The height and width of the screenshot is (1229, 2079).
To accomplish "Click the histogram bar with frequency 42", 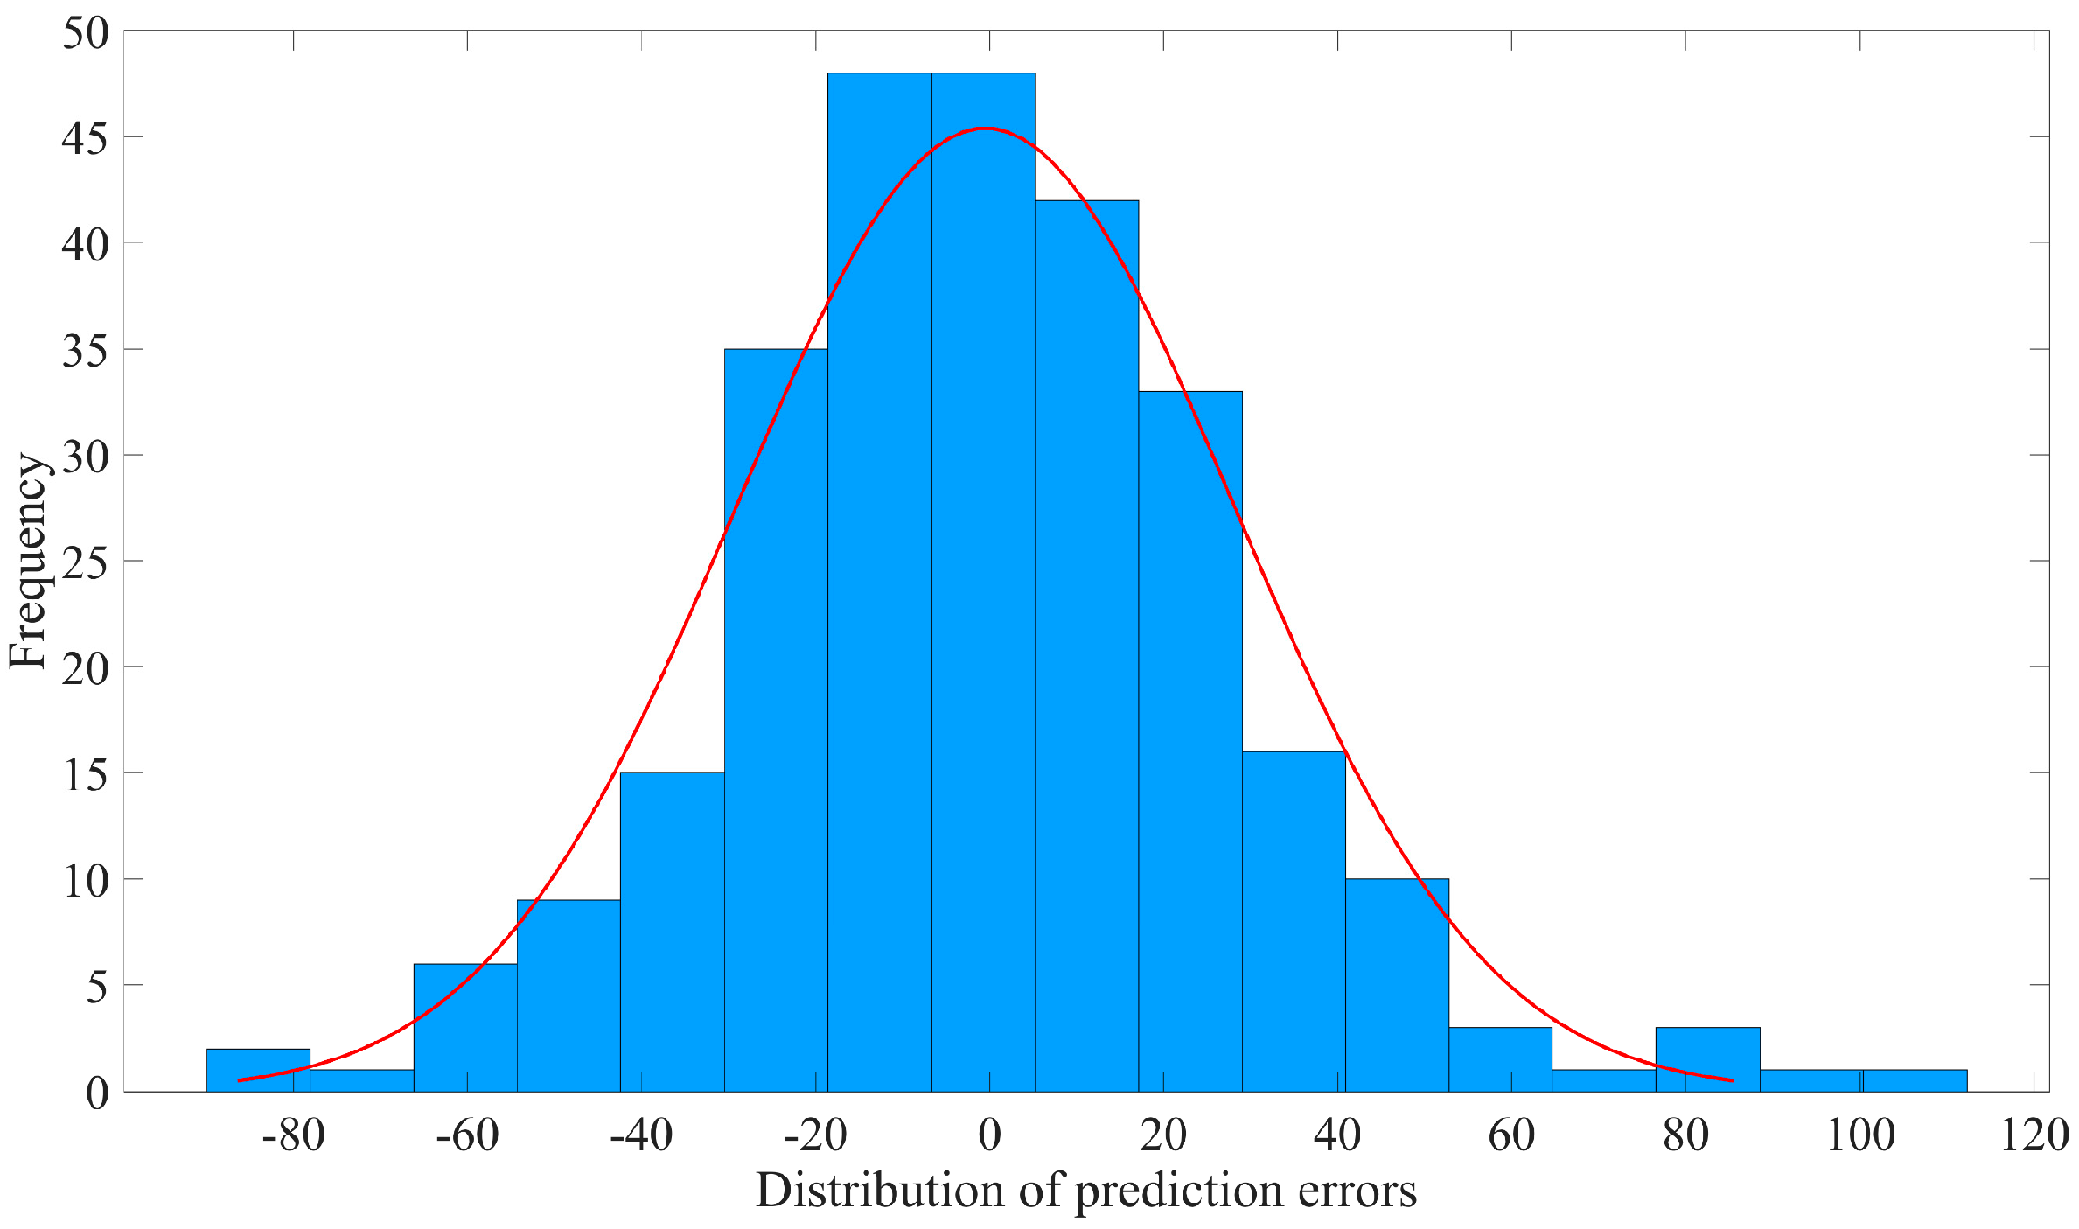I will [1086, 647].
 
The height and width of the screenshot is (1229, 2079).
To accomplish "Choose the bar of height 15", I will [672, 932].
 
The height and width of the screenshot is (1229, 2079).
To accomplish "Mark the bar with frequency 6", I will [464, 1028].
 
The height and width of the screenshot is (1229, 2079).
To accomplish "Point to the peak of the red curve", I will [986, 129].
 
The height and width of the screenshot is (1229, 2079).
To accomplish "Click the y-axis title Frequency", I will [28, 561].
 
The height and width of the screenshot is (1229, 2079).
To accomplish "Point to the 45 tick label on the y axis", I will [86, 138].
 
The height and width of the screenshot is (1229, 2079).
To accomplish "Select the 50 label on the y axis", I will [86, 33].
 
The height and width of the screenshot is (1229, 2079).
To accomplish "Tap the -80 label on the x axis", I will [293, 1135].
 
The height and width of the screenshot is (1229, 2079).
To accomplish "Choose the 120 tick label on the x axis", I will [2034, 1135].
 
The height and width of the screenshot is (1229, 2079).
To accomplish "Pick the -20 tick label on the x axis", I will [815, 1135].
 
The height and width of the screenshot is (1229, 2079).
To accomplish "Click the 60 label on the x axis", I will [1511, 1135].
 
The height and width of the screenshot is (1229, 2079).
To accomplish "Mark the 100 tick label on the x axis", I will [1860, 1135].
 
